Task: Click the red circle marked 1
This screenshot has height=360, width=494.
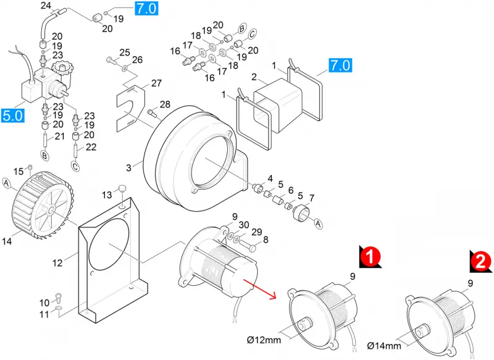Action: [x=371, y=256]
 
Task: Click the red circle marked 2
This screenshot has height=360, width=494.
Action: [x=481, y=261]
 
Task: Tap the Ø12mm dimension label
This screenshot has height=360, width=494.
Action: [x=264, y=340]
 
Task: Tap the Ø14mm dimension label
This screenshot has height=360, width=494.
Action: [x=384, y=346]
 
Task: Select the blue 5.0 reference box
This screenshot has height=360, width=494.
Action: [x=12, y=115]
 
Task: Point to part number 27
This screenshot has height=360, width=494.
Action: [x=156, y=83]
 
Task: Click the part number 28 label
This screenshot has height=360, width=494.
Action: [x=165, y=104]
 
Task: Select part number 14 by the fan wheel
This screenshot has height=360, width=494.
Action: [x=7, y=241]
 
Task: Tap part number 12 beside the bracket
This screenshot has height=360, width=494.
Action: [x=57, y=262]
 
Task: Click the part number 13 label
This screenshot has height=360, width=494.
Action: [x=107, y=195]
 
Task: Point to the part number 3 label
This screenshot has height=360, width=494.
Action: [x=128, y=167]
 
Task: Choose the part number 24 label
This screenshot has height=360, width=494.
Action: [x=46, y=6]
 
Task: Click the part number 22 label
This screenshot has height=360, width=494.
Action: [x=91, y=147]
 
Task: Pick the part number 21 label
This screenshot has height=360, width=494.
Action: [x=59, y=136]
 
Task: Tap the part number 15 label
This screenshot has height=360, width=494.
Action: [x=19, y=171]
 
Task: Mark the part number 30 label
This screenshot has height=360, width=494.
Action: [x=244, y=225]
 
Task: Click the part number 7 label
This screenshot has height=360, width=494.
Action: [x=312, y=198]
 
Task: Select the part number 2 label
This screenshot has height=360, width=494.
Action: [x=254, y=77]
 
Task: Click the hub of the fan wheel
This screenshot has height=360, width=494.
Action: [x=51, y=209]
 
